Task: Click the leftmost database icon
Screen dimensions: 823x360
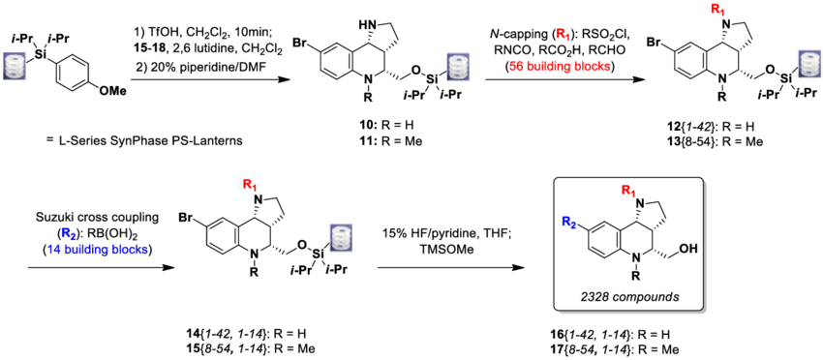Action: [x=14, y=65]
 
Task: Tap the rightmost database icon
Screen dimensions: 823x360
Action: [x=809, y=63]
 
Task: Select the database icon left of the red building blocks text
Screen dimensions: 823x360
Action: [x=458, y=66]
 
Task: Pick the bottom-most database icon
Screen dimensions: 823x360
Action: [x=341, y=236]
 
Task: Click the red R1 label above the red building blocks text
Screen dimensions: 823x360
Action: [x=563, y=34]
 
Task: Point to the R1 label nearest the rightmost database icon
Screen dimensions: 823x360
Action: [x=717, y=10]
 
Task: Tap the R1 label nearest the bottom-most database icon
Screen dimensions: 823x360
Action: [x=250, y=185]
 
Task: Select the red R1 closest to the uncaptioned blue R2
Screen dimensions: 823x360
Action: [x=627, y=191]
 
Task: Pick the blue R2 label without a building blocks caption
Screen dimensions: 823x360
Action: [x=568, y=223]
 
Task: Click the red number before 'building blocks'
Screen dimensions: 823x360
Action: [x=515, y=67]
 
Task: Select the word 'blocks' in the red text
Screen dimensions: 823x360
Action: [x=592, y=67]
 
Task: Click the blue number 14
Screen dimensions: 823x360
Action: [x=53, y=250]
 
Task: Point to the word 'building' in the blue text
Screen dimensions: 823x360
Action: [x=85, y=250]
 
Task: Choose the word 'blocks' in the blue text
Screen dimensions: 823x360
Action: [x=130, y=250]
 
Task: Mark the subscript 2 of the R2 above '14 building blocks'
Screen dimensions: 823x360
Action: [x=74, y=236]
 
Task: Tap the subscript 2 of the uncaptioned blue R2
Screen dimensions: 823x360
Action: [x=573, y=225]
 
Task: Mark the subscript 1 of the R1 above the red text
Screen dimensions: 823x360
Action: [x=567, y=37]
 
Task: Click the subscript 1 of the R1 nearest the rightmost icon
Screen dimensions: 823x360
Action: [x=722, y=13]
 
